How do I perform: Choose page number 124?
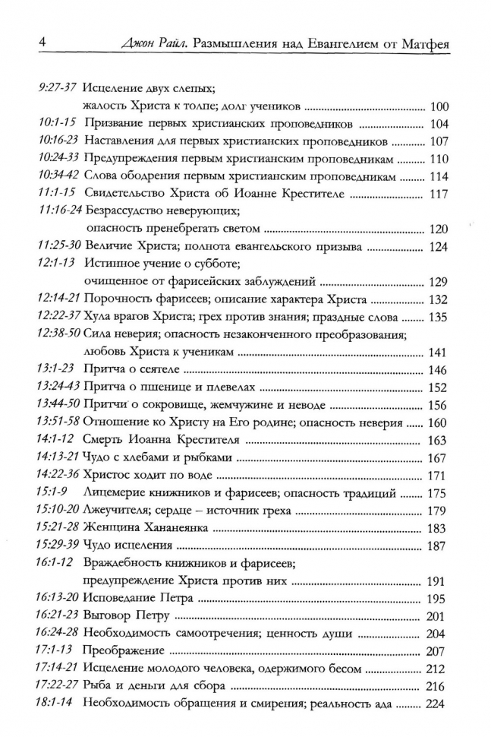coord(439,246)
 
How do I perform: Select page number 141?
coord(439,352)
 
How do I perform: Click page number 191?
coord(439,581)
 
